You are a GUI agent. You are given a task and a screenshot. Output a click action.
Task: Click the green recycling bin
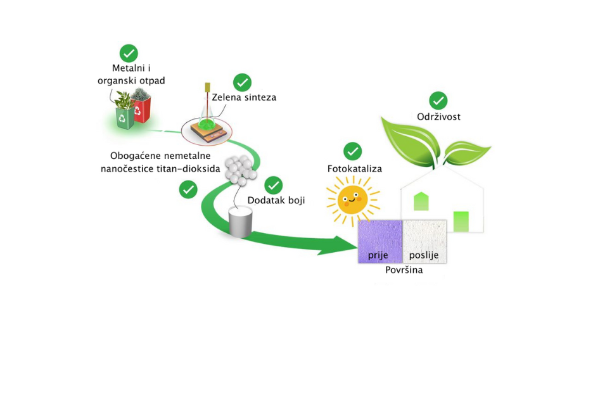coord(125,118)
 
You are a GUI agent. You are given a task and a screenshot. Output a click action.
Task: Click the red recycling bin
coord(141,110)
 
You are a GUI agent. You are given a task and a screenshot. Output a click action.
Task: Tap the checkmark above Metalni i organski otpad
coord(129,53)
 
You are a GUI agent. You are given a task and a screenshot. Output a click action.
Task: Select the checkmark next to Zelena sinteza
coord(243,82)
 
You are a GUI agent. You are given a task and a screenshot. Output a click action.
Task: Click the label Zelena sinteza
coord(244,98)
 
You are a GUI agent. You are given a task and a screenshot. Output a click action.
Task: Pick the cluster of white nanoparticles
coord(241,170)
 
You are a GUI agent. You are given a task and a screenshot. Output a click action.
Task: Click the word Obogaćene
coord(131,156)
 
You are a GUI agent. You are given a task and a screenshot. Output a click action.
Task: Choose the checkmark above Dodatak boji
coord(274,186)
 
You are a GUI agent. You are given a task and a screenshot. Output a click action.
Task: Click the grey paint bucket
coord(241,222)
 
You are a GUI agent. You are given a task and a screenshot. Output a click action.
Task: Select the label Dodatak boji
coord(276,200)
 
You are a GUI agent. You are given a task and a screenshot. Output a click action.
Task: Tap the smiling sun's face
coord(352,200)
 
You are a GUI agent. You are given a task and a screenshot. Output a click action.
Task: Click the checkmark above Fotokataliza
coord(352,151)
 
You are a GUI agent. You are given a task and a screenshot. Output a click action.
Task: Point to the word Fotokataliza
coord(355,168)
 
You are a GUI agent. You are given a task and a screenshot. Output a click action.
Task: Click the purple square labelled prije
coord(380,241)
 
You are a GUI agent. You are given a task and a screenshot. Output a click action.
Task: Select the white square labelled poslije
coord(424,241)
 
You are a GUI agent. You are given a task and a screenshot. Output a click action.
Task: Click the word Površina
coord(404,270)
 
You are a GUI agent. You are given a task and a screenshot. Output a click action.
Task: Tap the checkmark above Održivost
coord(438,101)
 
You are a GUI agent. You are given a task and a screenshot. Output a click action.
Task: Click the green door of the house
coord(461,221)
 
